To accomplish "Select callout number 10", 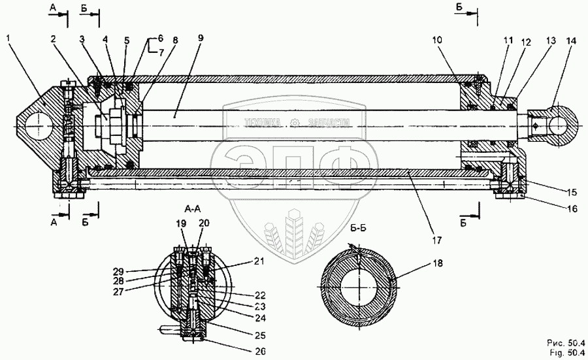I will click(438, 39).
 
